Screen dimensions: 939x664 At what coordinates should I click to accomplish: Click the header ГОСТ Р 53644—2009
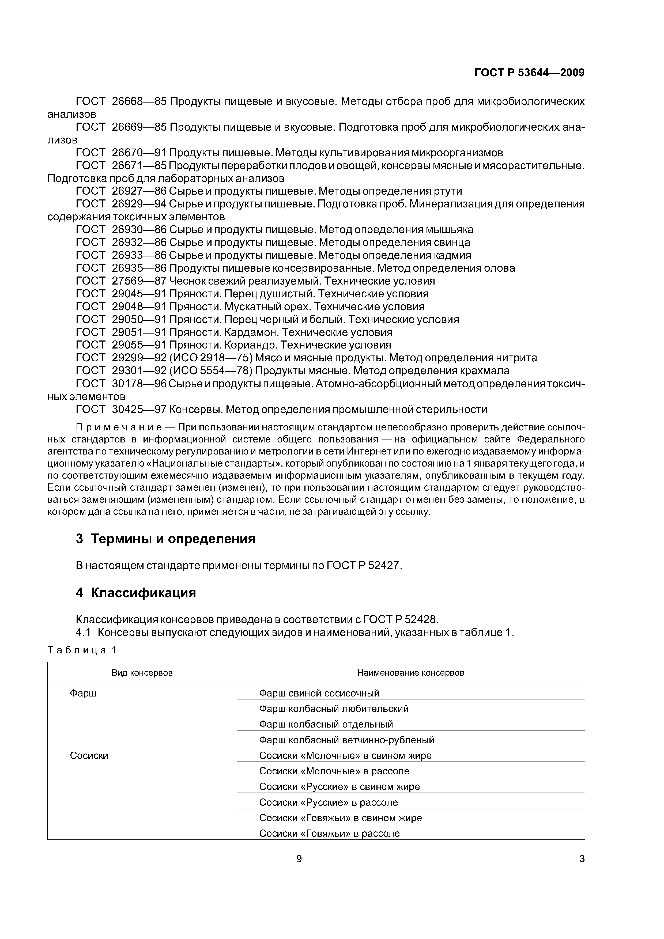tap(529, 73)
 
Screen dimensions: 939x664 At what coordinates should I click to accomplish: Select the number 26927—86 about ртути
tap(139, 191)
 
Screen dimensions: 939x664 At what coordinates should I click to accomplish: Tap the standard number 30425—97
tap(139, 409)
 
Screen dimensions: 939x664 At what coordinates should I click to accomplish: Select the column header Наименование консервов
tap(410, 673)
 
